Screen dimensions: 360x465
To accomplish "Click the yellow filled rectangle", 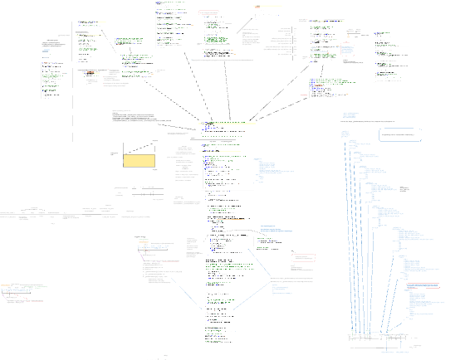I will click(139, 160).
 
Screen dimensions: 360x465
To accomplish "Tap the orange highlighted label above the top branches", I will click(258, 7).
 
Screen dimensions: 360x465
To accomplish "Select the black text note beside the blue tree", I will click(404, 190).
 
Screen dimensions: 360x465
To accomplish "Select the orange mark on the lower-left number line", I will click(14, 291).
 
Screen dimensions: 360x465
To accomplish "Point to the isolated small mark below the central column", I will click(166, 354).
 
